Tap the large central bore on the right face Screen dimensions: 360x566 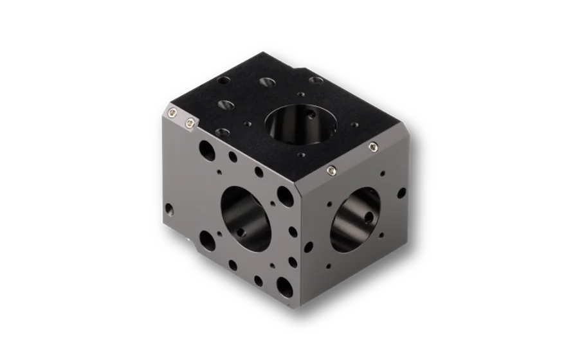coord(355,220)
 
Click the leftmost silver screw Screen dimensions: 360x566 coord(174,113)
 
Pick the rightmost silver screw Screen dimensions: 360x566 coord(373,148)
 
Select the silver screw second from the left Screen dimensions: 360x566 coord(189,122)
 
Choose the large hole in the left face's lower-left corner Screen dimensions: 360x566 coord(206,241)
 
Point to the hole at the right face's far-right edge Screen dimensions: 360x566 coord(401,193)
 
